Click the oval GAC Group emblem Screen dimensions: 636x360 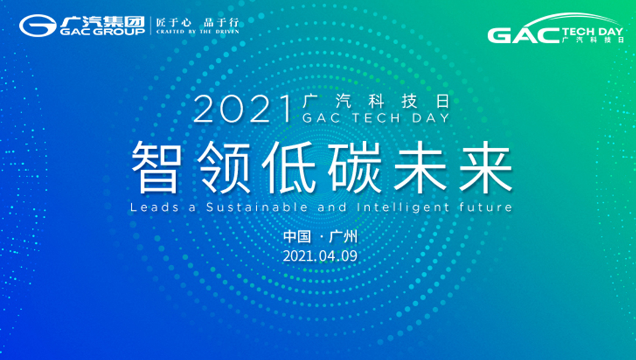[38, 25]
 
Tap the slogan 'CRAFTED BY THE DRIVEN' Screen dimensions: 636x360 [197, 31]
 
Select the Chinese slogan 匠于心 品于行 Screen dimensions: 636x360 [197, 22]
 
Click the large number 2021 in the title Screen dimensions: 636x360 [243, 109]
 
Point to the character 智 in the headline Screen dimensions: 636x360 [157, 167]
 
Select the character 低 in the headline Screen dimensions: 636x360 [288, 167]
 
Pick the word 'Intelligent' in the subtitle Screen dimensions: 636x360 [403, 208]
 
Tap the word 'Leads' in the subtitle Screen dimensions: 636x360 [155, 207]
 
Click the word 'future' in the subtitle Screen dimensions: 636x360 [486, 207]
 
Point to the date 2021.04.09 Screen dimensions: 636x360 [320, 256]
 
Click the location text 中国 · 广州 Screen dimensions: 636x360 [320, 237]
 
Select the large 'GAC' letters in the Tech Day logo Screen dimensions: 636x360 [524, 36]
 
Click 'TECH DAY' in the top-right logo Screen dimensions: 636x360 [592, 31]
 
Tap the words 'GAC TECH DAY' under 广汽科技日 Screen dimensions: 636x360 [376, 118]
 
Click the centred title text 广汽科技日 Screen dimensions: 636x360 [376, 101]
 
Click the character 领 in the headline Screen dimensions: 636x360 [223, 167]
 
